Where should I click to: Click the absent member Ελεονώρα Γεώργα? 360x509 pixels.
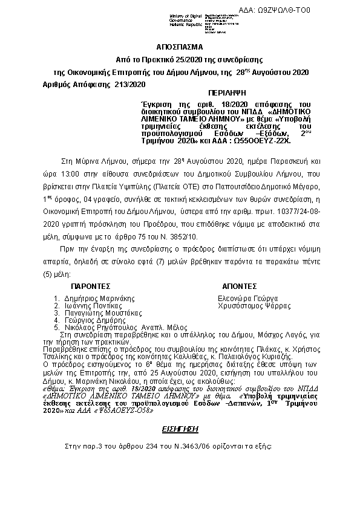point(247,298)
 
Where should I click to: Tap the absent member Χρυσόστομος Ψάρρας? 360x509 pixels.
point(254,306)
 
